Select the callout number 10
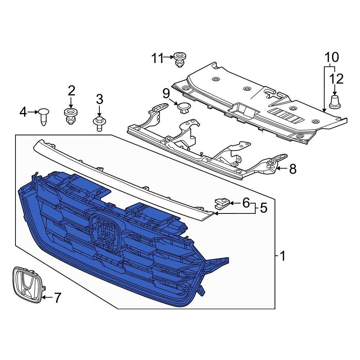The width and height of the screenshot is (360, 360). (332, 57)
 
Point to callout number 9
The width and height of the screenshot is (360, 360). (166, 94)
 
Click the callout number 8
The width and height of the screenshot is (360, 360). (293, 168)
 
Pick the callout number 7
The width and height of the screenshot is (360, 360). (57, 297)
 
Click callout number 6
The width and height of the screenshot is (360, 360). (246, 203)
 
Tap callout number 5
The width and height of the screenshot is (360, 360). (264, 208)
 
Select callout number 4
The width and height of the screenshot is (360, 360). (23, 112)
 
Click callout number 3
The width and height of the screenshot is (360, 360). (99, 99)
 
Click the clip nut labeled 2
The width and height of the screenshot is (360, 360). (71, 115)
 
